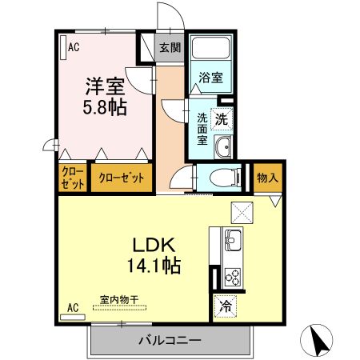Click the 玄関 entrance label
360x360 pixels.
[170, 47]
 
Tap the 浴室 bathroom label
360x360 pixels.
[211, 78]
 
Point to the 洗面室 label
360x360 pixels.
[202, 127]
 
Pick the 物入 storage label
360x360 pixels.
[266, 178]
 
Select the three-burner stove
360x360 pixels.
[233, 277]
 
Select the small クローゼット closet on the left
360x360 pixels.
[73, 178]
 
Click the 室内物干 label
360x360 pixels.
[119, 300]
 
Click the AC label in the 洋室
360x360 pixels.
[74, 47]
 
